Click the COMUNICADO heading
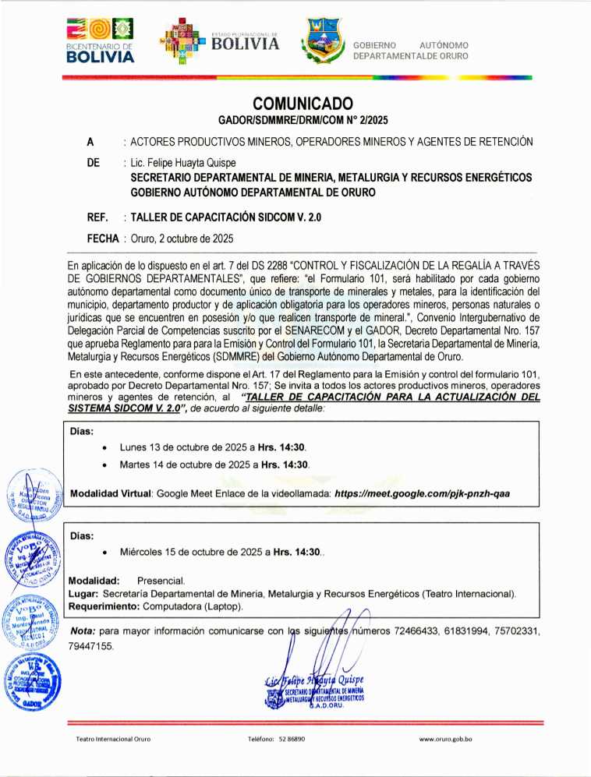pos(303,104)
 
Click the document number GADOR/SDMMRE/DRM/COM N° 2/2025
pos(303,121)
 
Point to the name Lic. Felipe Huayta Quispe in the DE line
pos(179,164)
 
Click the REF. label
pos(97,217)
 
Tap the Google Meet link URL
pos(422,493)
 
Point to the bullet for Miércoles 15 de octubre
pos(104,553)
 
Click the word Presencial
pos(161,581)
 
